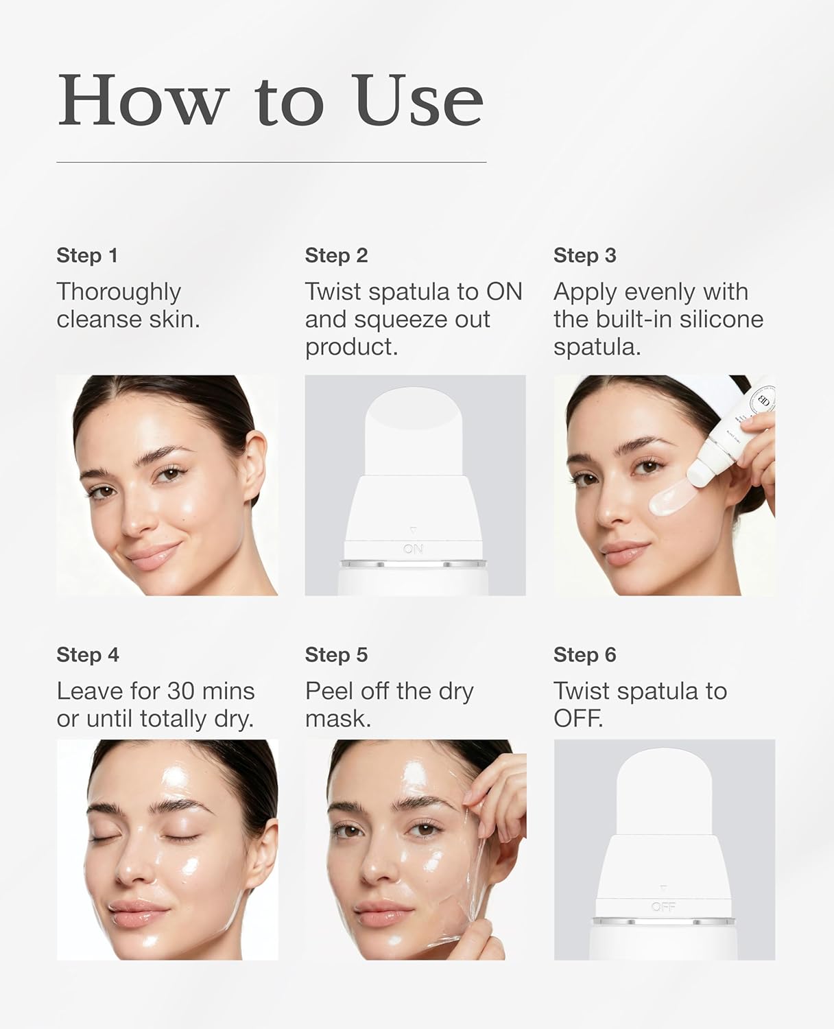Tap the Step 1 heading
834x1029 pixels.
point(87,255)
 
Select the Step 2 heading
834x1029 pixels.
point(336,255)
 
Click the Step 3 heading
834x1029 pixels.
point(584,255)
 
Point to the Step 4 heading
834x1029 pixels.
point(88,654)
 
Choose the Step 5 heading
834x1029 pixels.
point(336,654)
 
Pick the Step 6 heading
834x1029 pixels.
point(584,654)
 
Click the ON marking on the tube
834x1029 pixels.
point(413,549)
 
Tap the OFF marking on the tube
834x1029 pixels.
point(663,907)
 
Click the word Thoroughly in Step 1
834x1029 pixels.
point(119,292)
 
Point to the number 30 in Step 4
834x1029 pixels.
point(180,691)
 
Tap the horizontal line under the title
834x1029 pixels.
point(271,162)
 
